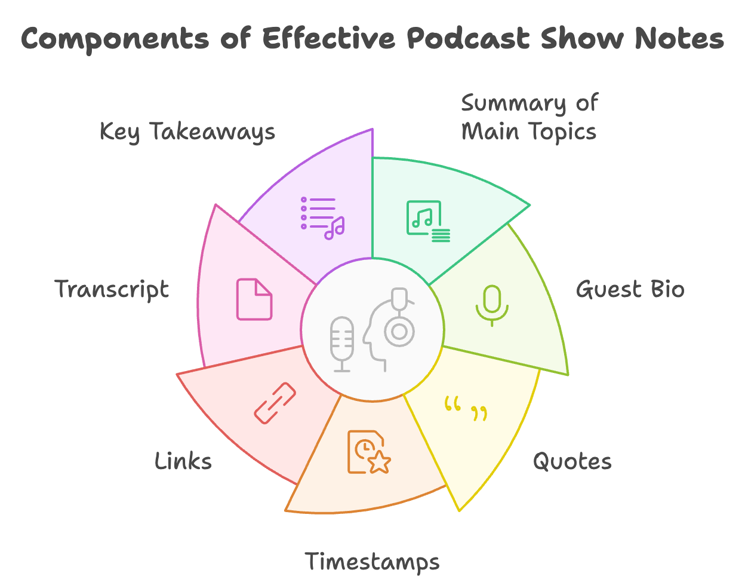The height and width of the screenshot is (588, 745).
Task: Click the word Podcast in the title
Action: pos(468,38)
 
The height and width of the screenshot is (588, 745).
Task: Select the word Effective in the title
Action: pos(329,38)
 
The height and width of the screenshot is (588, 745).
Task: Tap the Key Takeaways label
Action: pos(187,132)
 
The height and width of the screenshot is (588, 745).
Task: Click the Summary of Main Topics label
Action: pos(529,117)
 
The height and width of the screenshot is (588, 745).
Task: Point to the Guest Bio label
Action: pos(630,289)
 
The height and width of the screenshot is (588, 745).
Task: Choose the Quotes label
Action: pos(572,461)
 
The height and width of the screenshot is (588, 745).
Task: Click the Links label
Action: pos(183,461)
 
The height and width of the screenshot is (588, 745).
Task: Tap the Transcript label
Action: pos(112,289)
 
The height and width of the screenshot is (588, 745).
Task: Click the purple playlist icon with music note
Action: pos(322,218)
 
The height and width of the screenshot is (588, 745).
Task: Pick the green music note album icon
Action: pos(428,221)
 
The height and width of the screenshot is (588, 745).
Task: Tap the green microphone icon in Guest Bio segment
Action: pos(492,305)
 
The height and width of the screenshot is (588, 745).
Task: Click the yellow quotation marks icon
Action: pos(466,408)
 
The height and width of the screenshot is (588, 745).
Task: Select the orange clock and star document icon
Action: pos(369,452)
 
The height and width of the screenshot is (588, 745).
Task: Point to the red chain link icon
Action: pos(275,403)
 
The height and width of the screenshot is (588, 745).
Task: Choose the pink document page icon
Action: pos(254,299)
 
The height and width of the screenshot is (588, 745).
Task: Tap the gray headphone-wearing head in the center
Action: pos(389,329)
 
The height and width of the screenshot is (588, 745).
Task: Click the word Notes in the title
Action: pos(679,38)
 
